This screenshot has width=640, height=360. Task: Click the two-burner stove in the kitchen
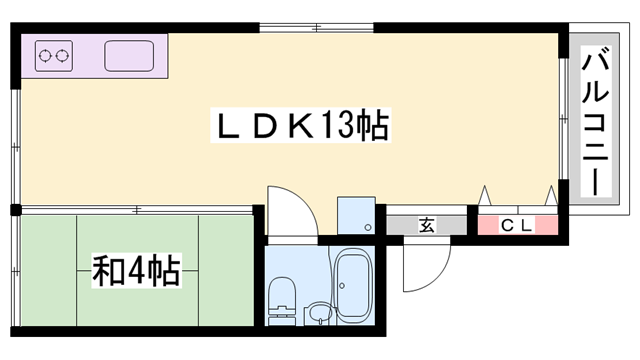(x=56, y=56)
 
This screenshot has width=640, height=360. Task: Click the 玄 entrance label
(x=427, y=225)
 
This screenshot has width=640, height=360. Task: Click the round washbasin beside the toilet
(x=318, y=313)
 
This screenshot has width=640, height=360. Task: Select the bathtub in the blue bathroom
(x=352, y=284)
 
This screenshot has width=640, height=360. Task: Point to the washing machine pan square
(x=356, y=215)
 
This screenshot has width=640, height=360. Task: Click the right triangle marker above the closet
(x=549, y=194)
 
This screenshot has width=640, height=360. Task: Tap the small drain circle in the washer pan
(x=370, y=228)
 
